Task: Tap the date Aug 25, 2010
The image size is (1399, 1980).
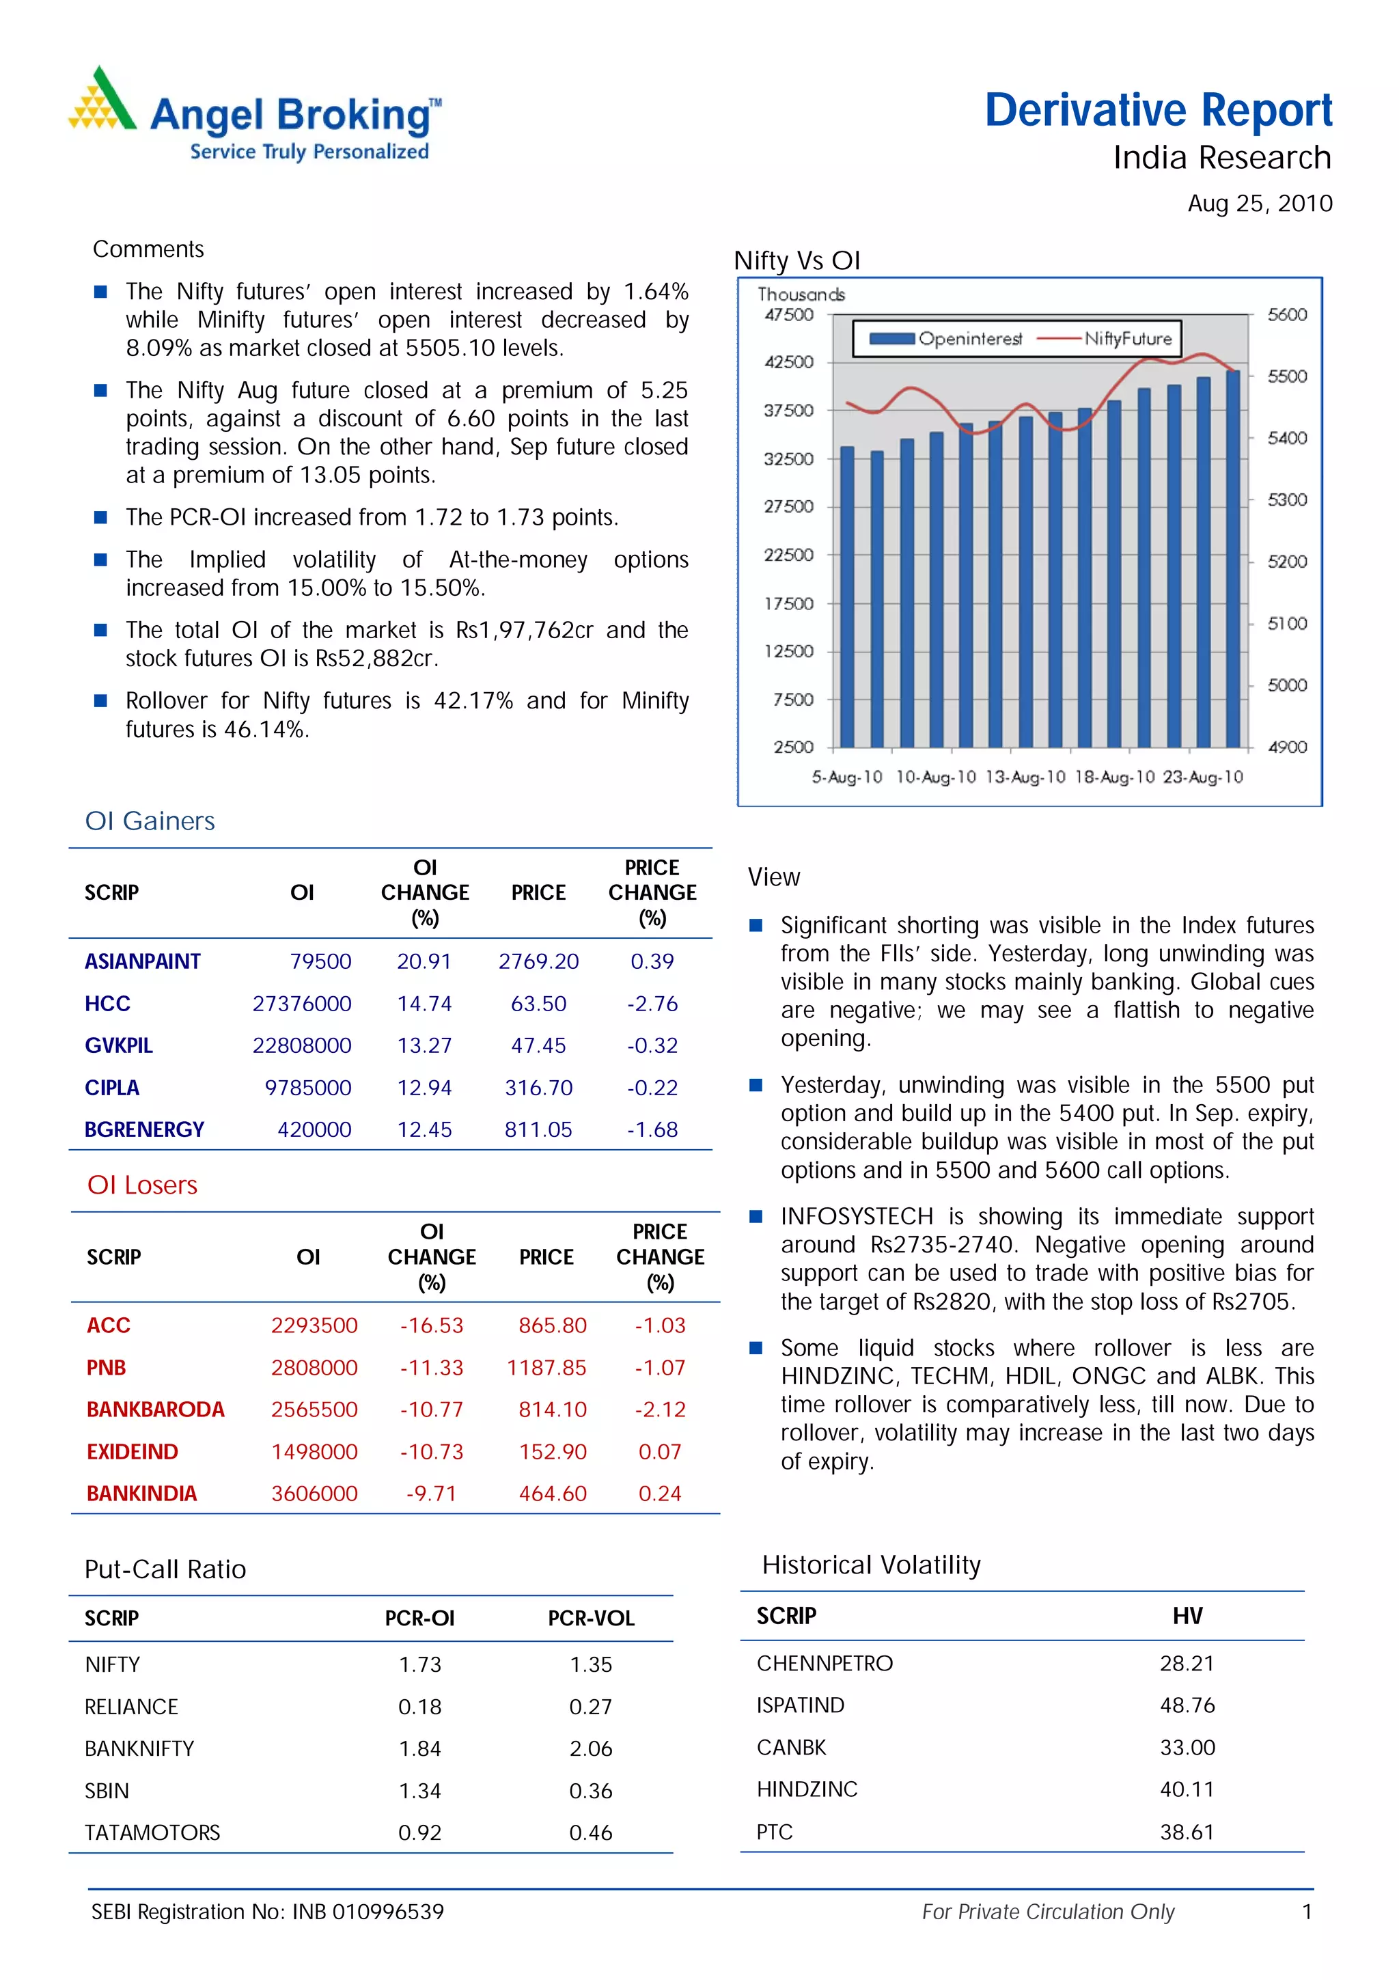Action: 1260,204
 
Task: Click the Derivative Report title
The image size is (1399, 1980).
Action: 1158,111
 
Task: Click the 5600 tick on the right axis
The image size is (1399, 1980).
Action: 1286,315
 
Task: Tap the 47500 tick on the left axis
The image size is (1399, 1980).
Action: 789,315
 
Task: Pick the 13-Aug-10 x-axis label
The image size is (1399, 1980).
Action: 1025,778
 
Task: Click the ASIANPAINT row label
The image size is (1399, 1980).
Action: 142,961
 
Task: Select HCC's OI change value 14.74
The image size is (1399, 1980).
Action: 424,1004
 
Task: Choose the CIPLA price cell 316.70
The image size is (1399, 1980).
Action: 539,1088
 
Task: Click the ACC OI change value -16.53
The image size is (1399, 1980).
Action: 431,1325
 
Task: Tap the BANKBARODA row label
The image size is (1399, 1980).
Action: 155,1410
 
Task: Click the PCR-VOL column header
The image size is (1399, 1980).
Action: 592,1619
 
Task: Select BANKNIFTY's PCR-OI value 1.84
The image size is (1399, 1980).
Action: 420,1749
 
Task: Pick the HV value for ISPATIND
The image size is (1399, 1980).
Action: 1187,1705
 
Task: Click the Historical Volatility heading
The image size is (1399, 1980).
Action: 870,1565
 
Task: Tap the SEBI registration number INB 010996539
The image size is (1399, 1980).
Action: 368,1912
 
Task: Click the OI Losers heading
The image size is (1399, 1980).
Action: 142,1185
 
